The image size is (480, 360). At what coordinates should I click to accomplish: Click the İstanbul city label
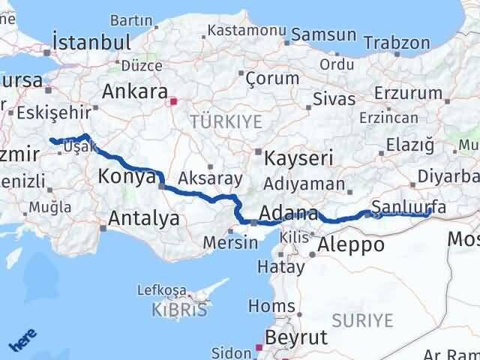[x=91, y=41]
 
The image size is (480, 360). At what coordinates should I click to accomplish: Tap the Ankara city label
[x=134, y=92]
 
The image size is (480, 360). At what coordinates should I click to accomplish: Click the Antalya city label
[x=144, y=219]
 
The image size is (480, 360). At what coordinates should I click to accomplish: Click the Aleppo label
[x=351, y=244]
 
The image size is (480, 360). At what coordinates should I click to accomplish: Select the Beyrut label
[x=296, y=337]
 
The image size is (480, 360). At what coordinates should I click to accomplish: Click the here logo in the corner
[x=25, y=341]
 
